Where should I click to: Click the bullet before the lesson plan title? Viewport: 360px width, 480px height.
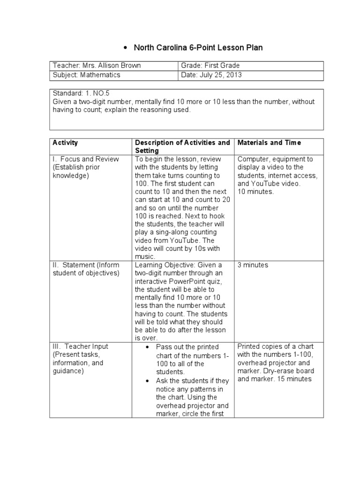pyautogui.click(x=125, y=48)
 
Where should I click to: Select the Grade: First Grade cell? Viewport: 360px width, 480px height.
pyautogui.click(x=211, y=66)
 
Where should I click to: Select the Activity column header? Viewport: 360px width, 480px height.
pyautogui.click(x=66, y=142)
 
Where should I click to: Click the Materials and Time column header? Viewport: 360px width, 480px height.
pyautogui.click(x=269, y=142)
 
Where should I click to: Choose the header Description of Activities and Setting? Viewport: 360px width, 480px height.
pyautogui.click(x=182, y=146)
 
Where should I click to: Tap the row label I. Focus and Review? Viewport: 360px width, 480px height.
pyautogui.click(x=86, y=159)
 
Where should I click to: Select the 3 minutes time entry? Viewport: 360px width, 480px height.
pyautogui.click(x=253, y=265)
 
